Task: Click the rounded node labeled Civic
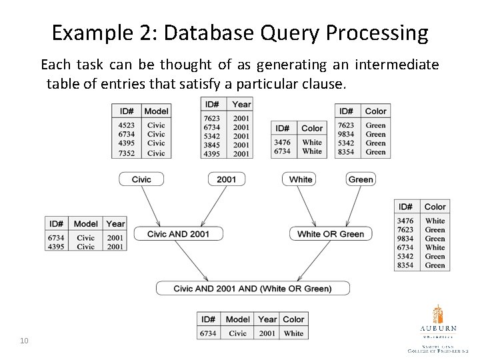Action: click(x=141, y=179)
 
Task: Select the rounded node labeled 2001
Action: click(x=226, y=179)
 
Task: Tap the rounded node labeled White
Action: click(x=301, y=179)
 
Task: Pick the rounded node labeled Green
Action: click(x=361, y=179)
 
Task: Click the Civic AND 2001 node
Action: click(x=178, y=234)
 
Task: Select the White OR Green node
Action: click(x=331, y=234)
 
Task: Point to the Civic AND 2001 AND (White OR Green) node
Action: click(x=252, y=289)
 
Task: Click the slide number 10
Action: click(x=24, y=341)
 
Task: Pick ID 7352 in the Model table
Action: click(x=126, y=153)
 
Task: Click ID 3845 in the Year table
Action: click(x=213, y=145)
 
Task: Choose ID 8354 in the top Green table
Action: click(x=347, y=152)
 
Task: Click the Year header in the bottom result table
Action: click(x=267, y=319)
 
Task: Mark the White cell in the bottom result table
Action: click(x=293, y=333)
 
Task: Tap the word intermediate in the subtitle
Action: click(x=398, y=65)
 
